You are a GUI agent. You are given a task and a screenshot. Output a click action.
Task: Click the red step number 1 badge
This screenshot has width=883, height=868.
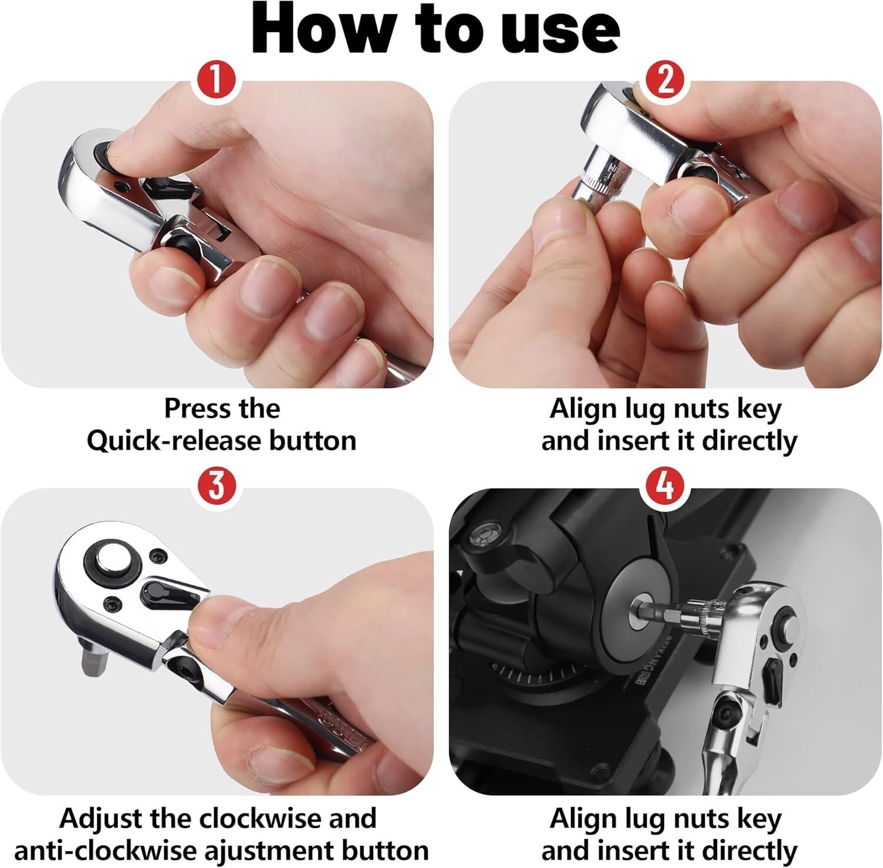pyautogui.click(x=217, y=81)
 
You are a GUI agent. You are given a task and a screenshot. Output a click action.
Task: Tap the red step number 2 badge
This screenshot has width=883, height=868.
pyautogui.click(x=665, y=81)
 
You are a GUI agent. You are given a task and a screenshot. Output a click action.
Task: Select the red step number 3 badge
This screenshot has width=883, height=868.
pyautogui.click(x=217, y=487)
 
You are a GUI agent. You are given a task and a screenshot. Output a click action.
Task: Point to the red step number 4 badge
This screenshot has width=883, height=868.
pyautogui.click(x=665, y=487)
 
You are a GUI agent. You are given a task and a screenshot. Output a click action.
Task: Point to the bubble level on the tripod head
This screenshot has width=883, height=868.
pyautogui.click(x=484, y=533)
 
